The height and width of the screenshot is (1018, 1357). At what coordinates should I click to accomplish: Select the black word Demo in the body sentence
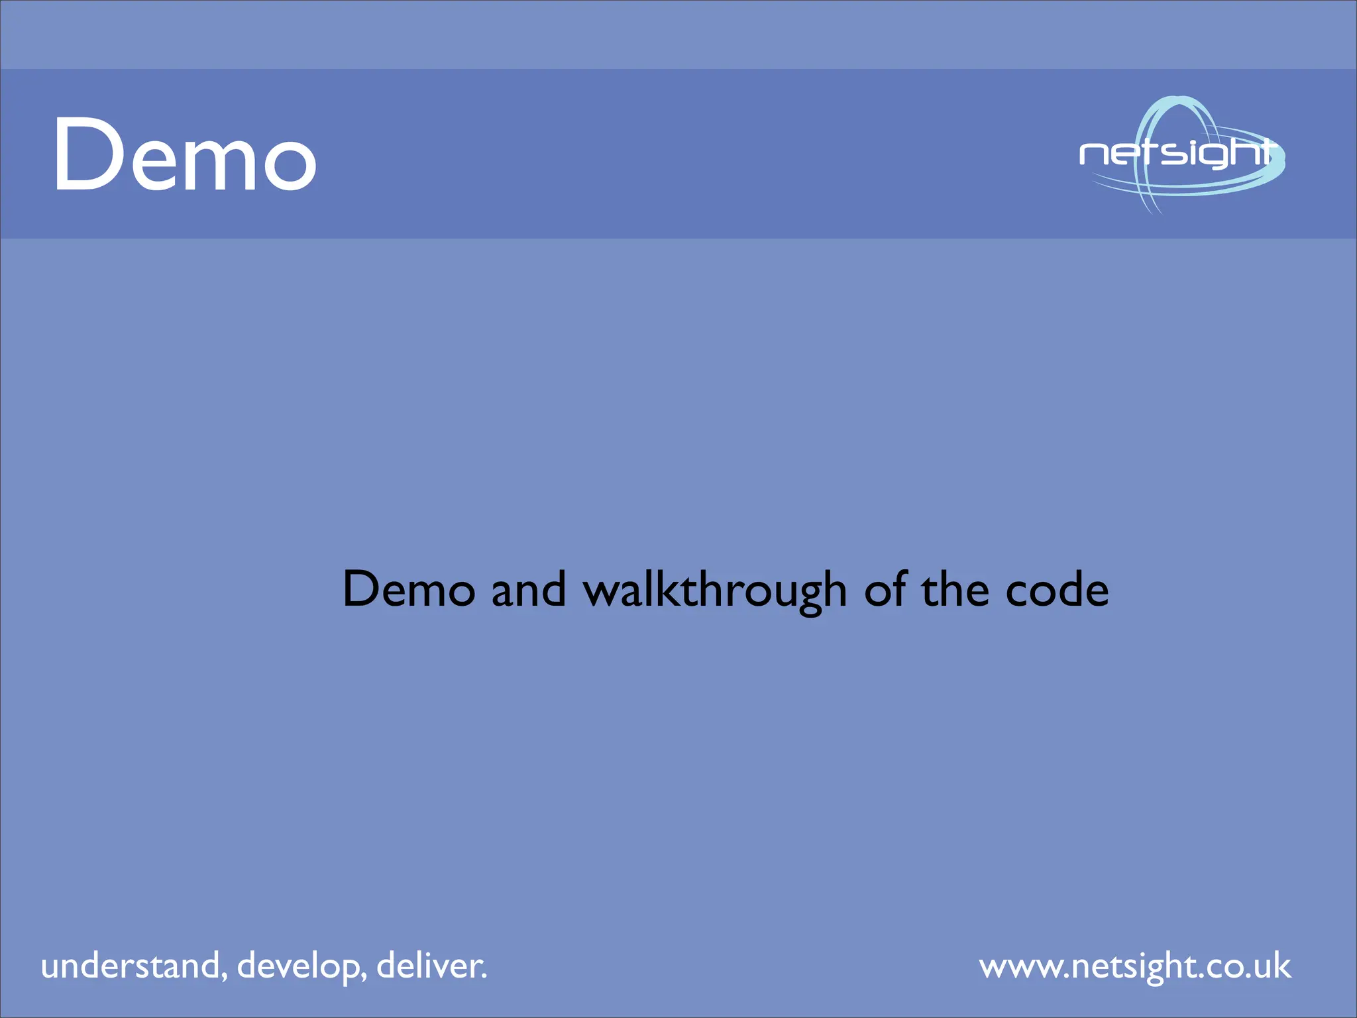pyautogui.click(x=409, y=589)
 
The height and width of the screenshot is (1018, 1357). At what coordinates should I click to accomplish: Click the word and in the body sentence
pyautogui.click(x=529, y=589)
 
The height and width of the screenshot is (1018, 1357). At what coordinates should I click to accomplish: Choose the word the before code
pyautogui.click(x=955, y=589)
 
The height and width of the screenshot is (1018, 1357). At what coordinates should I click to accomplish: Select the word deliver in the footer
pyautogui.click(x=428, y=966)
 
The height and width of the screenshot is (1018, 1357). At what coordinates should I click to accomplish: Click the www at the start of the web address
pyautogui.click(x=1020, y=968)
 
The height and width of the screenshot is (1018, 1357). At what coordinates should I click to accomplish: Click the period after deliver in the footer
pyautogui.click(x=484, y=976)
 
